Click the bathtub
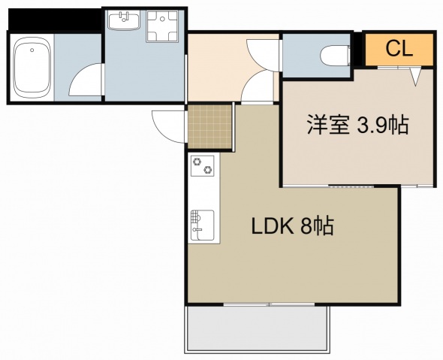pyautogui.click(x=32, y=67)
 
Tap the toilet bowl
pyautogui.click(x=336, y=56)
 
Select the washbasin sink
pyautogui.click(x=124, y=20)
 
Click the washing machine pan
pyautogui.click(x=162, y=26)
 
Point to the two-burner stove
pyautogui.click(x=203, y=165)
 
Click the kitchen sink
pyautogui.click(x=202, y=225)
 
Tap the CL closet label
pyautogui.click(x=399, y=49)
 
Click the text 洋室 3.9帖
pyautogui.click(x=358, y=125)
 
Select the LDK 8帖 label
pyautogui.click(x=293, y=226)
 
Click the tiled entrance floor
pyautogui.click(x=209, y=127)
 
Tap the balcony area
pyautogui.click(x=257, y=329)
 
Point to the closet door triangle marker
pyautogui.click(x=415, y=77)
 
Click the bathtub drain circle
pyautogui.click(x=32, y=50)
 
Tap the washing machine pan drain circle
pyautogui.click(x=162, y=20)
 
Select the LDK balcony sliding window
pyautogui.click(x=269, y=304)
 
